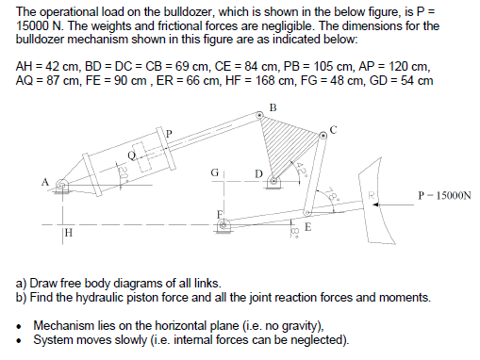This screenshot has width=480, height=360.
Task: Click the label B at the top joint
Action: pyautogui.click(x=273, y=105)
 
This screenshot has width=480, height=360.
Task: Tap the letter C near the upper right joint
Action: pyautogui.click(x=333, y=128)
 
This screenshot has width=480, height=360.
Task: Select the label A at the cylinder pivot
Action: pyautogui.click(x=43, y=182)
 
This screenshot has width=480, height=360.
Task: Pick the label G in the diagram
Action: pyautogui.click(x=214, y=172)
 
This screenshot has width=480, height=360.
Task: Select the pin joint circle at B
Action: pyautogui.click(x=261, y=115)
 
